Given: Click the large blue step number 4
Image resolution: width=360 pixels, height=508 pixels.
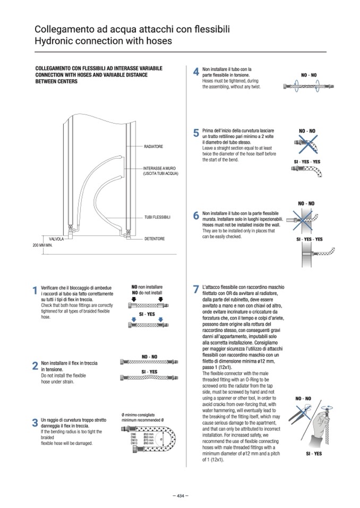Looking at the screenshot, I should click(x=195, y=72).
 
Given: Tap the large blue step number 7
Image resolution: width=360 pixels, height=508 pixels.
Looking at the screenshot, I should click(x=195, y=290).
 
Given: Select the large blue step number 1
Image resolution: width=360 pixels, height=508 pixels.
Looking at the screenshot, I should click(x=35, y=290).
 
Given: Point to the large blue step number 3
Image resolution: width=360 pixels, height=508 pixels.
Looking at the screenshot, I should click(x=35, y=423).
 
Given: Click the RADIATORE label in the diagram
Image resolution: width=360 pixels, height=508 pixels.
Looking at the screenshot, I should click(x=153, y=146).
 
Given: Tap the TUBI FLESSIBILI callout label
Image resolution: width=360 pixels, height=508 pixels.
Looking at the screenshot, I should click(x=157, y=217).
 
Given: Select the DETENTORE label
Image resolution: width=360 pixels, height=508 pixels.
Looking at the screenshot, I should click(x=155, y=239).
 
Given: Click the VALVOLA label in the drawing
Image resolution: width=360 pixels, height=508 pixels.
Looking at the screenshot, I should click(x=56, y=239).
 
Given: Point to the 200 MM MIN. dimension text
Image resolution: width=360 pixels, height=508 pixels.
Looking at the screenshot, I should click(x=42, y=246).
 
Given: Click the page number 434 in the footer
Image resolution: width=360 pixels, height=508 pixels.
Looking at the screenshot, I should click(x=180, y=496).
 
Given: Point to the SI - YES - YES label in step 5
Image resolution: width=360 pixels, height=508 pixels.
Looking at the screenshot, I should click(x=307, y=161).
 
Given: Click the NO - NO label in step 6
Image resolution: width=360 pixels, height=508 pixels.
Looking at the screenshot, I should click(x=306, y=203).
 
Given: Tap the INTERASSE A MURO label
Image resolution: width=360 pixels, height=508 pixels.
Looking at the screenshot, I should click(x=160, y=171).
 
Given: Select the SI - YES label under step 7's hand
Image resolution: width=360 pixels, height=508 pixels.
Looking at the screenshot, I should click(x=313, y=454).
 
